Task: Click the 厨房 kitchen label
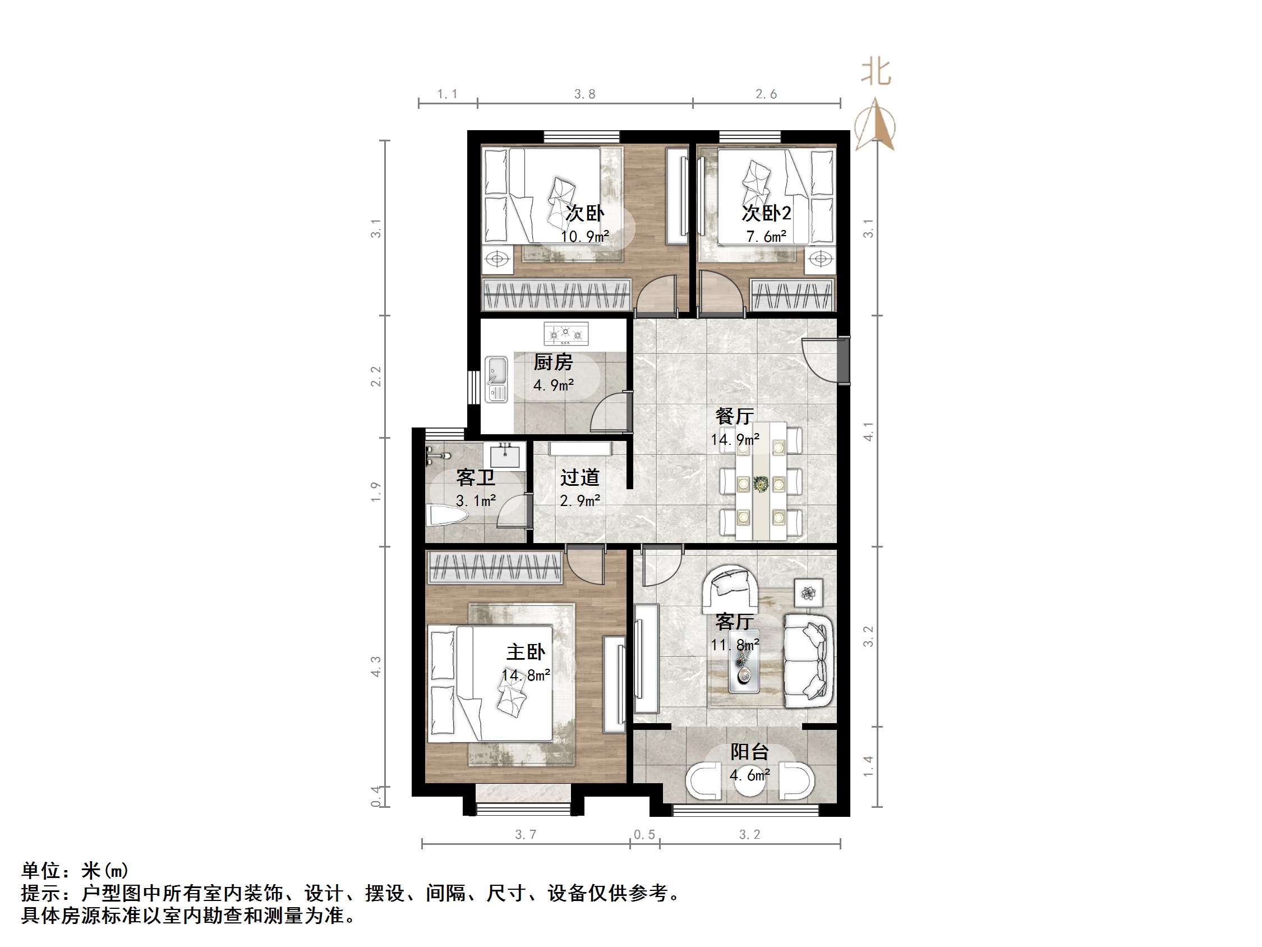(x=552, y=362)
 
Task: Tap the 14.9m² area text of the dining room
(x=734, y=439)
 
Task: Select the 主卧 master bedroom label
(x=526, y=652)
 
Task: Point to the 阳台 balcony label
(x=749, y=752)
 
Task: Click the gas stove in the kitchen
(x=565, y=333)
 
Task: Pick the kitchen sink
(x=496, y=380)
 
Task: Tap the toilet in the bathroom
(x=446, y=516)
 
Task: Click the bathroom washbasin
(x=505, y=456)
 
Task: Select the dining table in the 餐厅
(x=761, y=481)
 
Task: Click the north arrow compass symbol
(x=874, y=125)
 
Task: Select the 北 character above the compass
(x=876, y=72)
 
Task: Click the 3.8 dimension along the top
(x=584, y=94)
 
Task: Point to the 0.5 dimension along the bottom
(x=644, y=835)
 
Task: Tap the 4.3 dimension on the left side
(x=376, y=666)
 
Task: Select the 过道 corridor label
(x=579, y=477)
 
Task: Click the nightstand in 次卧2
(x=820, y=259)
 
